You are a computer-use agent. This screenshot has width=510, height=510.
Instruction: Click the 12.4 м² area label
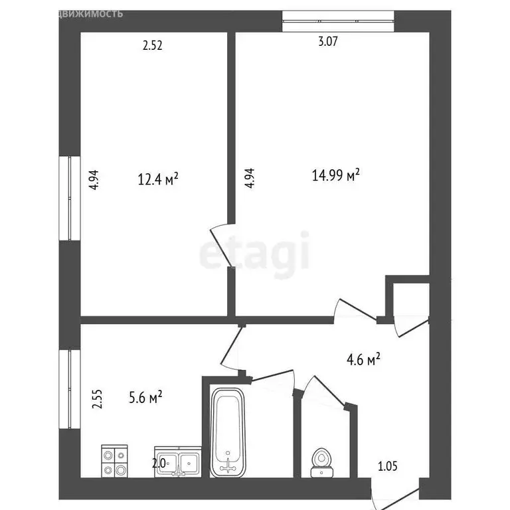[x=157, y=179]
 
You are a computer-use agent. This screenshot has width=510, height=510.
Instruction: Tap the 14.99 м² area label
[x=336, y=175]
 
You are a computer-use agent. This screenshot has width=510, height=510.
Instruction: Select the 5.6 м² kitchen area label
[x=145, y=398]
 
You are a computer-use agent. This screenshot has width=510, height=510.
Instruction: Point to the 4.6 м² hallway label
[x=363, y=361]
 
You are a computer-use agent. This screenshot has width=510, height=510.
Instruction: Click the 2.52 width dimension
[x=153, y=46]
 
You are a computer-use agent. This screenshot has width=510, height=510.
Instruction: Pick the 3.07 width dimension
[x=328, y=42]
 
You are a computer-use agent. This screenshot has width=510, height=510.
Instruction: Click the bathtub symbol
[x=228, y=432]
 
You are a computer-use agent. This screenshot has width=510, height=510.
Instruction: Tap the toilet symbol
[x=323, y=462]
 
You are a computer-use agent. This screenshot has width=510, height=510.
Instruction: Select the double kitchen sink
[x=177, y=462]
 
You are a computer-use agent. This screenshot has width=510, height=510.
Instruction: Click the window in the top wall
[x=338, y=22]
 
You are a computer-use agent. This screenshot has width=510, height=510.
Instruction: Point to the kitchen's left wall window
[x=70, y=389]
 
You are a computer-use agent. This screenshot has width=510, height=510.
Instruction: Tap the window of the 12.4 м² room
[x=70, y=198]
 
